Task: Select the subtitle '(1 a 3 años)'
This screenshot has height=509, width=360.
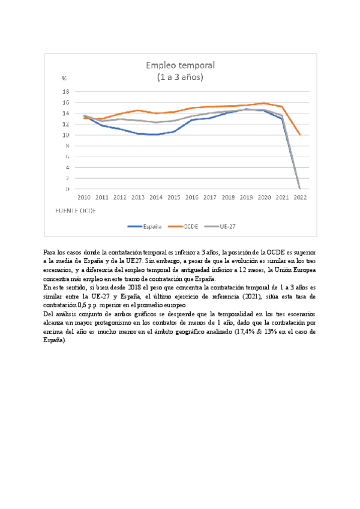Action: (180, 77)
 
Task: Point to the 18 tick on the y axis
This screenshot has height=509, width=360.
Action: (66, 92)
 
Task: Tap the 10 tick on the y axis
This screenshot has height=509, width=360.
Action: (66, 135)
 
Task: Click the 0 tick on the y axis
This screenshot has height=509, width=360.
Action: (67, 189)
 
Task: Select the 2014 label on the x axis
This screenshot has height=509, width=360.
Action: (155, 197)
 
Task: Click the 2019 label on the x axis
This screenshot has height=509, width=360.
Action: (245, 197)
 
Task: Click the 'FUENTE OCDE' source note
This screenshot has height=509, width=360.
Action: (76, 211)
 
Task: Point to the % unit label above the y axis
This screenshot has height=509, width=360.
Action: (64, 79)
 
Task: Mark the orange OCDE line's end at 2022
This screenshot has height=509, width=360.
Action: (299, 135)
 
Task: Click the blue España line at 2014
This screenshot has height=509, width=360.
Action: (155, 134)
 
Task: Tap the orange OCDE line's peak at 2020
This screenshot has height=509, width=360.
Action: (263, 103)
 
